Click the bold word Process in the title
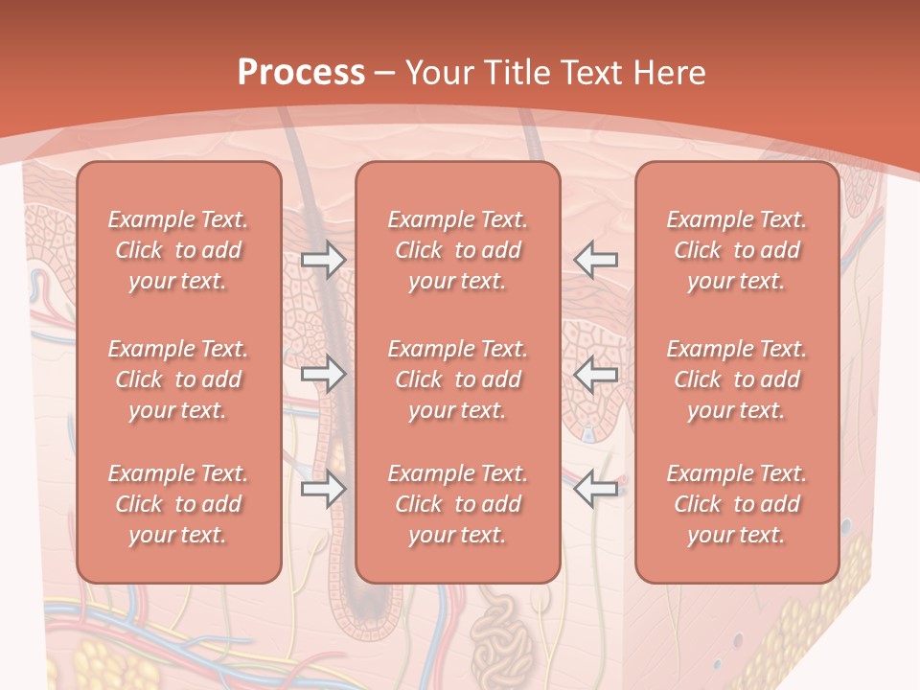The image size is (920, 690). [301, 73]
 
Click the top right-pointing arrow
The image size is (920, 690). [323, 260]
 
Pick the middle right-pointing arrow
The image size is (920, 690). [323, 375]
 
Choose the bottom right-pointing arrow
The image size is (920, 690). [323, 490]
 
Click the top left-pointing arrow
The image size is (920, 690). [595, 260]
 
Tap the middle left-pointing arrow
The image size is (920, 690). [595, 375]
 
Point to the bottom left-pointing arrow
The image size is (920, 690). [595, 490]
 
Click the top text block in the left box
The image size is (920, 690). [178, 250]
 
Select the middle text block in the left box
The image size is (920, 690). [178, 379]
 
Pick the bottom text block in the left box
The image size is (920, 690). [178, 504]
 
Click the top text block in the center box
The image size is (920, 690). [457, 250]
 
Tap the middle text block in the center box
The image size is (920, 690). [457, 379]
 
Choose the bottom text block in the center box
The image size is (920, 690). [457, 504]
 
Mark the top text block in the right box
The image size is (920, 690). [737, 250]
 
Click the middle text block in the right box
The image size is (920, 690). [737, 379]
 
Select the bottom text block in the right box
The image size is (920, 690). [737, 504]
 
